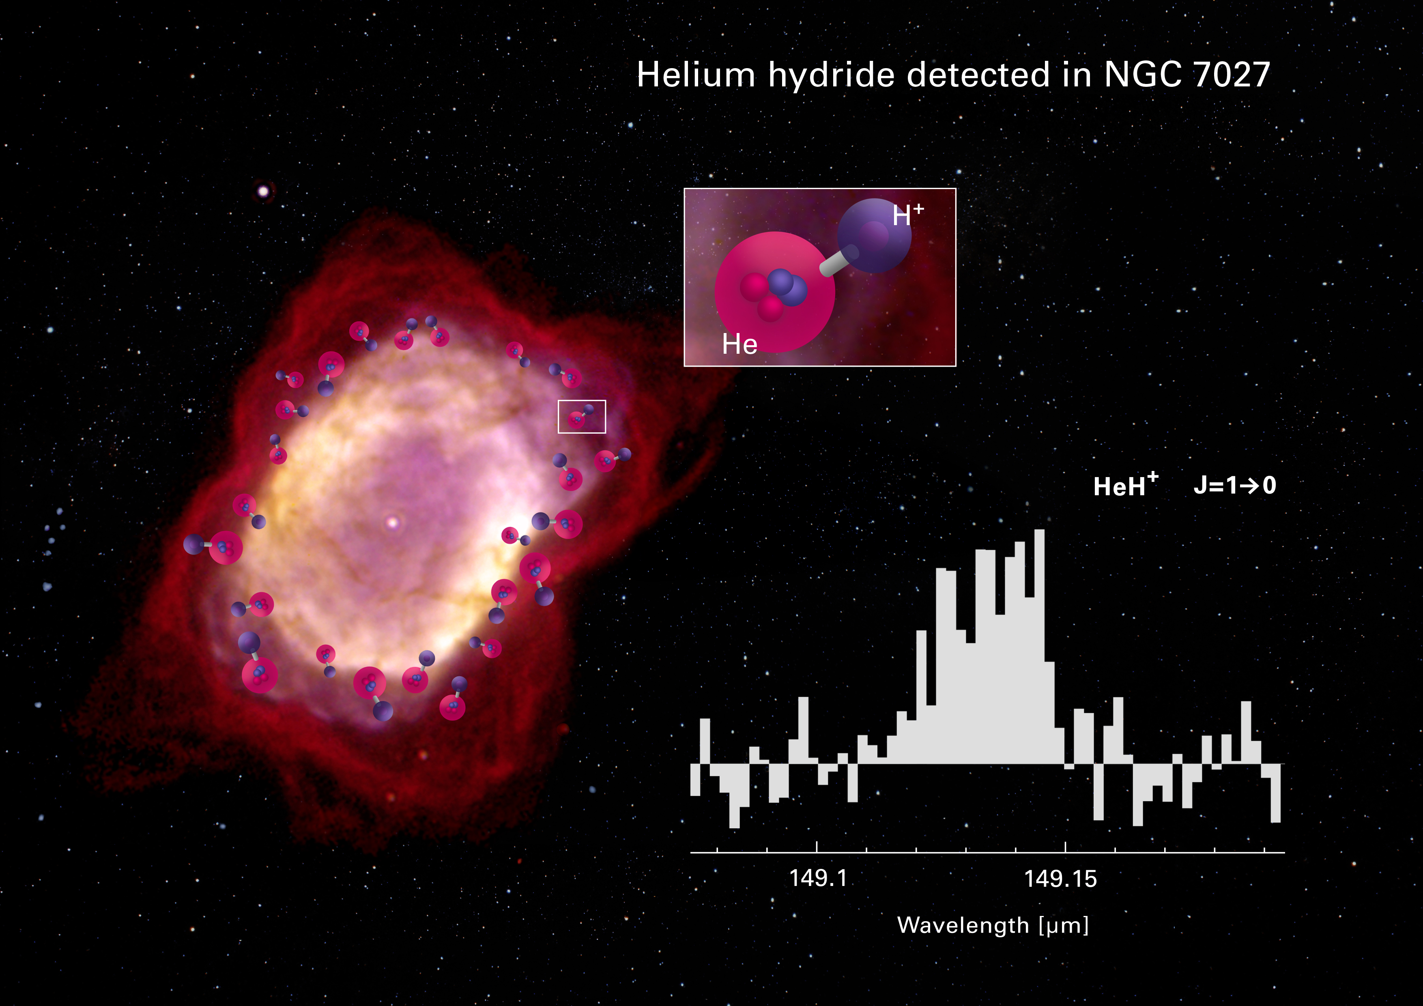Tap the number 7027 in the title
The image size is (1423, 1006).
(1232, 75)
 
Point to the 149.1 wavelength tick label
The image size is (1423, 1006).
(817, 878)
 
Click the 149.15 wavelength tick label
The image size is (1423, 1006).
(1060, 878)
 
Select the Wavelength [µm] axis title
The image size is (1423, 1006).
(993, 925)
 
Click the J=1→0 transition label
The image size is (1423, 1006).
(1235, 485)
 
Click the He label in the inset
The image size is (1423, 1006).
(739, 344)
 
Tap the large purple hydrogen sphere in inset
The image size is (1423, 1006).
(874, 236)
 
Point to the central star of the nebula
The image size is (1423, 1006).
(392, 522)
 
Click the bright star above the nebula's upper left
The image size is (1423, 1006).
(263, 191)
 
